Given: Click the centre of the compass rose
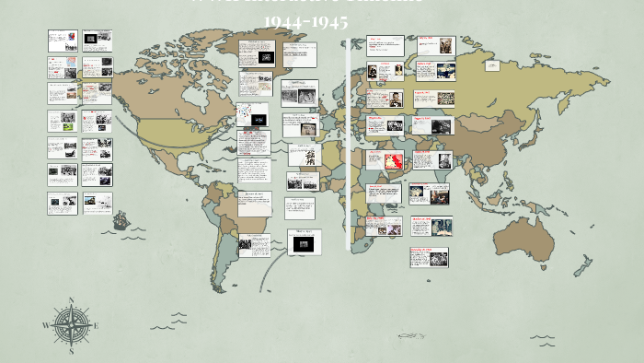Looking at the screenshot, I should click(x=70, y=324).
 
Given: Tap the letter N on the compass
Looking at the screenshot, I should click(x=71, y=299).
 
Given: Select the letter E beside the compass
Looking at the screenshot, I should click(x=96, y=325).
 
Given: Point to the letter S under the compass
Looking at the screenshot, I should click(x=71, y=350).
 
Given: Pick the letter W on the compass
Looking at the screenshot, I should click(x=45, y=325).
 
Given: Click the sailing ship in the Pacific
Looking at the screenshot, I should click(x=120, y=220).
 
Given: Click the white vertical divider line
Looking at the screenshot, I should click(x=348, y=147).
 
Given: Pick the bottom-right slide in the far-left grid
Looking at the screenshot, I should click(x=96, y=202).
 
